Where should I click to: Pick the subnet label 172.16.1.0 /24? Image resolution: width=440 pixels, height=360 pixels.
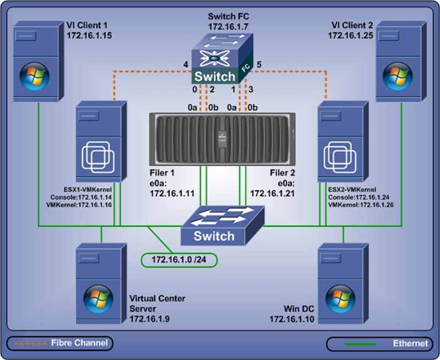point(179,259)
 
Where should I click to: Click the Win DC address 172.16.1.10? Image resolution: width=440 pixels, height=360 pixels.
point(291,319)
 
